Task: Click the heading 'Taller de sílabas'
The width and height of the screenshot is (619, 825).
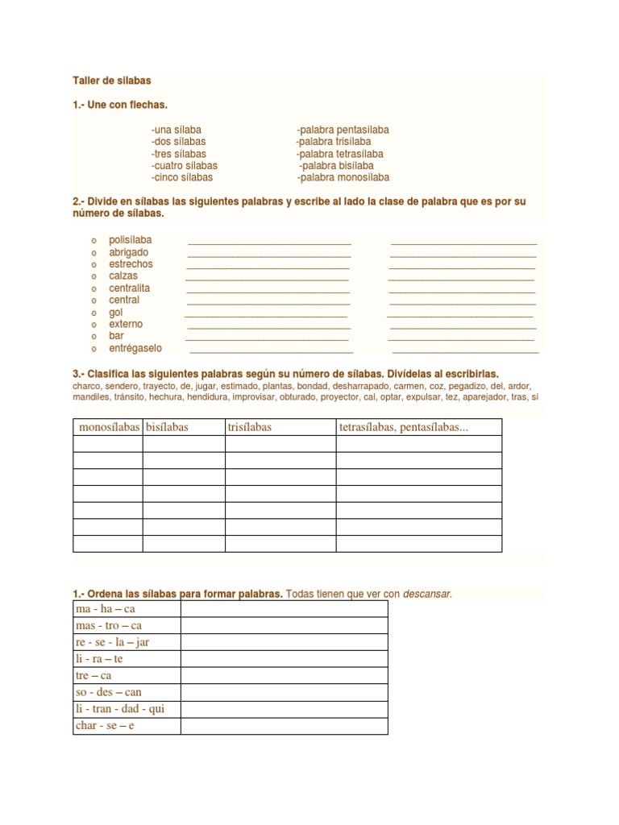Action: pyautogui.click(x=111, y=81)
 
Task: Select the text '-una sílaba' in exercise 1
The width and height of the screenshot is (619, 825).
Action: pyautogui.click(x=176, y=130)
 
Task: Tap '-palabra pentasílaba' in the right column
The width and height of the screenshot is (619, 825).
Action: pyautogui.click(x=343, y=130)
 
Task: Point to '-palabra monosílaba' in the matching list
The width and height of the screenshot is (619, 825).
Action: pyautogui.click(x=343, y=177)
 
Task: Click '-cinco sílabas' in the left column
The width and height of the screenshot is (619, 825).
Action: pyautogui.click(x=181, y=177)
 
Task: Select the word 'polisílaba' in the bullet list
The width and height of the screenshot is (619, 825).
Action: pyautogui.click(x=131, y=240)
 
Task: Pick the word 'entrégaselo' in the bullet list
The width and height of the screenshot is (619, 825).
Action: pyautogui.click(x=135, y=348)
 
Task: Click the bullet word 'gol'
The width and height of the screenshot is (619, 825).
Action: pyautogui.click(x=116, y=312)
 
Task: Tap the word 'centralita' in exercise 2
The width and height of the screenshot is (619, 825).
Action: pyautogui.click(x=130, y=288)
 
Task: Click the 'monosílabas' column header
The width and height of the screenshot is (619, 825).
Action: pyautogui.click(x=108, y=427)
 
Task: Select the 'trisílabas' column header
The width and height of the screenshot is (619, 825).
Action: pyautogui.click(x=250, y=427)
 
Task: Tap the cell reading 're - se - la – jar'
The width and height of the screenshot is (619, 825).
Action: pyautogui.click(x=113, y=642)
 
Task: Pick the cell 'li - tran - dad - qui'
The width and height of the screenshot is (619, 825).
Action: pyautogui.click(x=119, y=709)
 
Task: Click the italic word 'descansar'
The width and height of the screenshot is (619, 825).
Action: pyautogui.click(x=427, y=595)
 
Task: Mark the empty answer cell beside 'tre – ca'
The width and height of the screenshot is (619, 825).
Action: pyautogui.click(x=284, y=676)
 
